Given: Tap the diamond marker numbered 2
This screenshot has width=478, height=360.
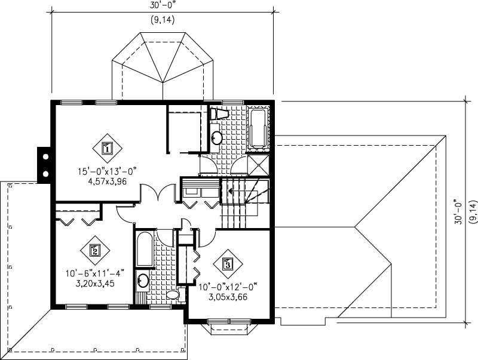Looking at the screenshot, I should tap(94, 250).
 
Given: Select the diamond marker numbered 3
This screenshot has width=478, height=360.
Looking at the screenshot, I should tap(227, 263).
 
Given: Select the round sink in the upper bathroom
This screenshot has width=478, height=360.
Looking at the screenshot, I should tap(216, 138).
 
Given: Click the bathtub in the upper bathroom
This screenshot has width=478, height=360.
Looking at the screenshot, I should tap(259, 128).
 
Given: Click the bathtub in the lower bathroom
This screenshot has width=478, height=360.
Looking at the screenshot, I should tap(145, 250).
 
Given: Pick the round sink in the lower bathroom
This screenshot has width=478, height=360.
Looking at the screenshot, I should tap(143, 280).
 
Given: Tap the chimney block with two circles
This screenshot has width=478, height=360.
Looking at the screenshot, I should tap(44, 165).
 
